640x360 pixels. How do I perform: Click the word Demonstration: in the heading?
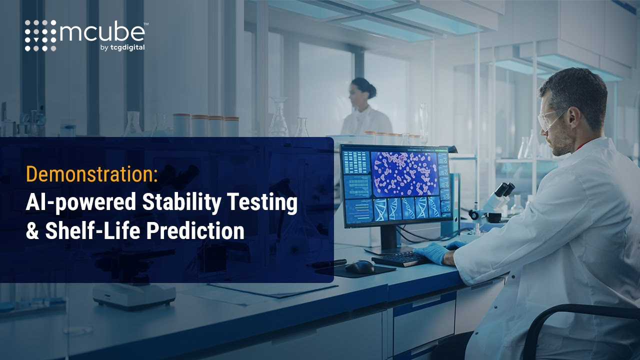pos(91,174)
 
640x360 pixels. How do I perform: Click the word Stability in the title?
pos(181,202)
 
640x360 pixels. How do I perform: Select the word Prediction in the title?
pos(195,230)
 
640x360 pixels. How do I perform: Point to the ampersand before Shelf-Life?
pos(32,230)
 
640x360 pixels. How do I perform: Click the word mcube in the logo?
pos(102,32)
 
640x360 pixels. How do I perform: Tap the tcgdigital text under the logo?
pos(127,47)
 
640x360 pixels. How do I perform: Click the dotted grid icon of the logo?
pos(40,35)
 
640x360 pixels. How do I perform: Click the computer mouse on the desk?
pos(359,267)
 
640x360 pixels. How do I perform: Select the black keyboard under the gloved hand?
pos(400,259)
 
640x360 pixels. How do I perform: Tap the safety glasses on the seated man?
pos(550,118)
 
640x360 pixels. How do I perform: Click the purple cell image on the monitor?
pos(404,174)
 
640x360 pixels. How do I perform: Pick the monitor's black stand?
pos(389,239)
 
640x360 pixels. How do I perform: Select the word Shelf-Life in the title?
pos(92,230)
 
